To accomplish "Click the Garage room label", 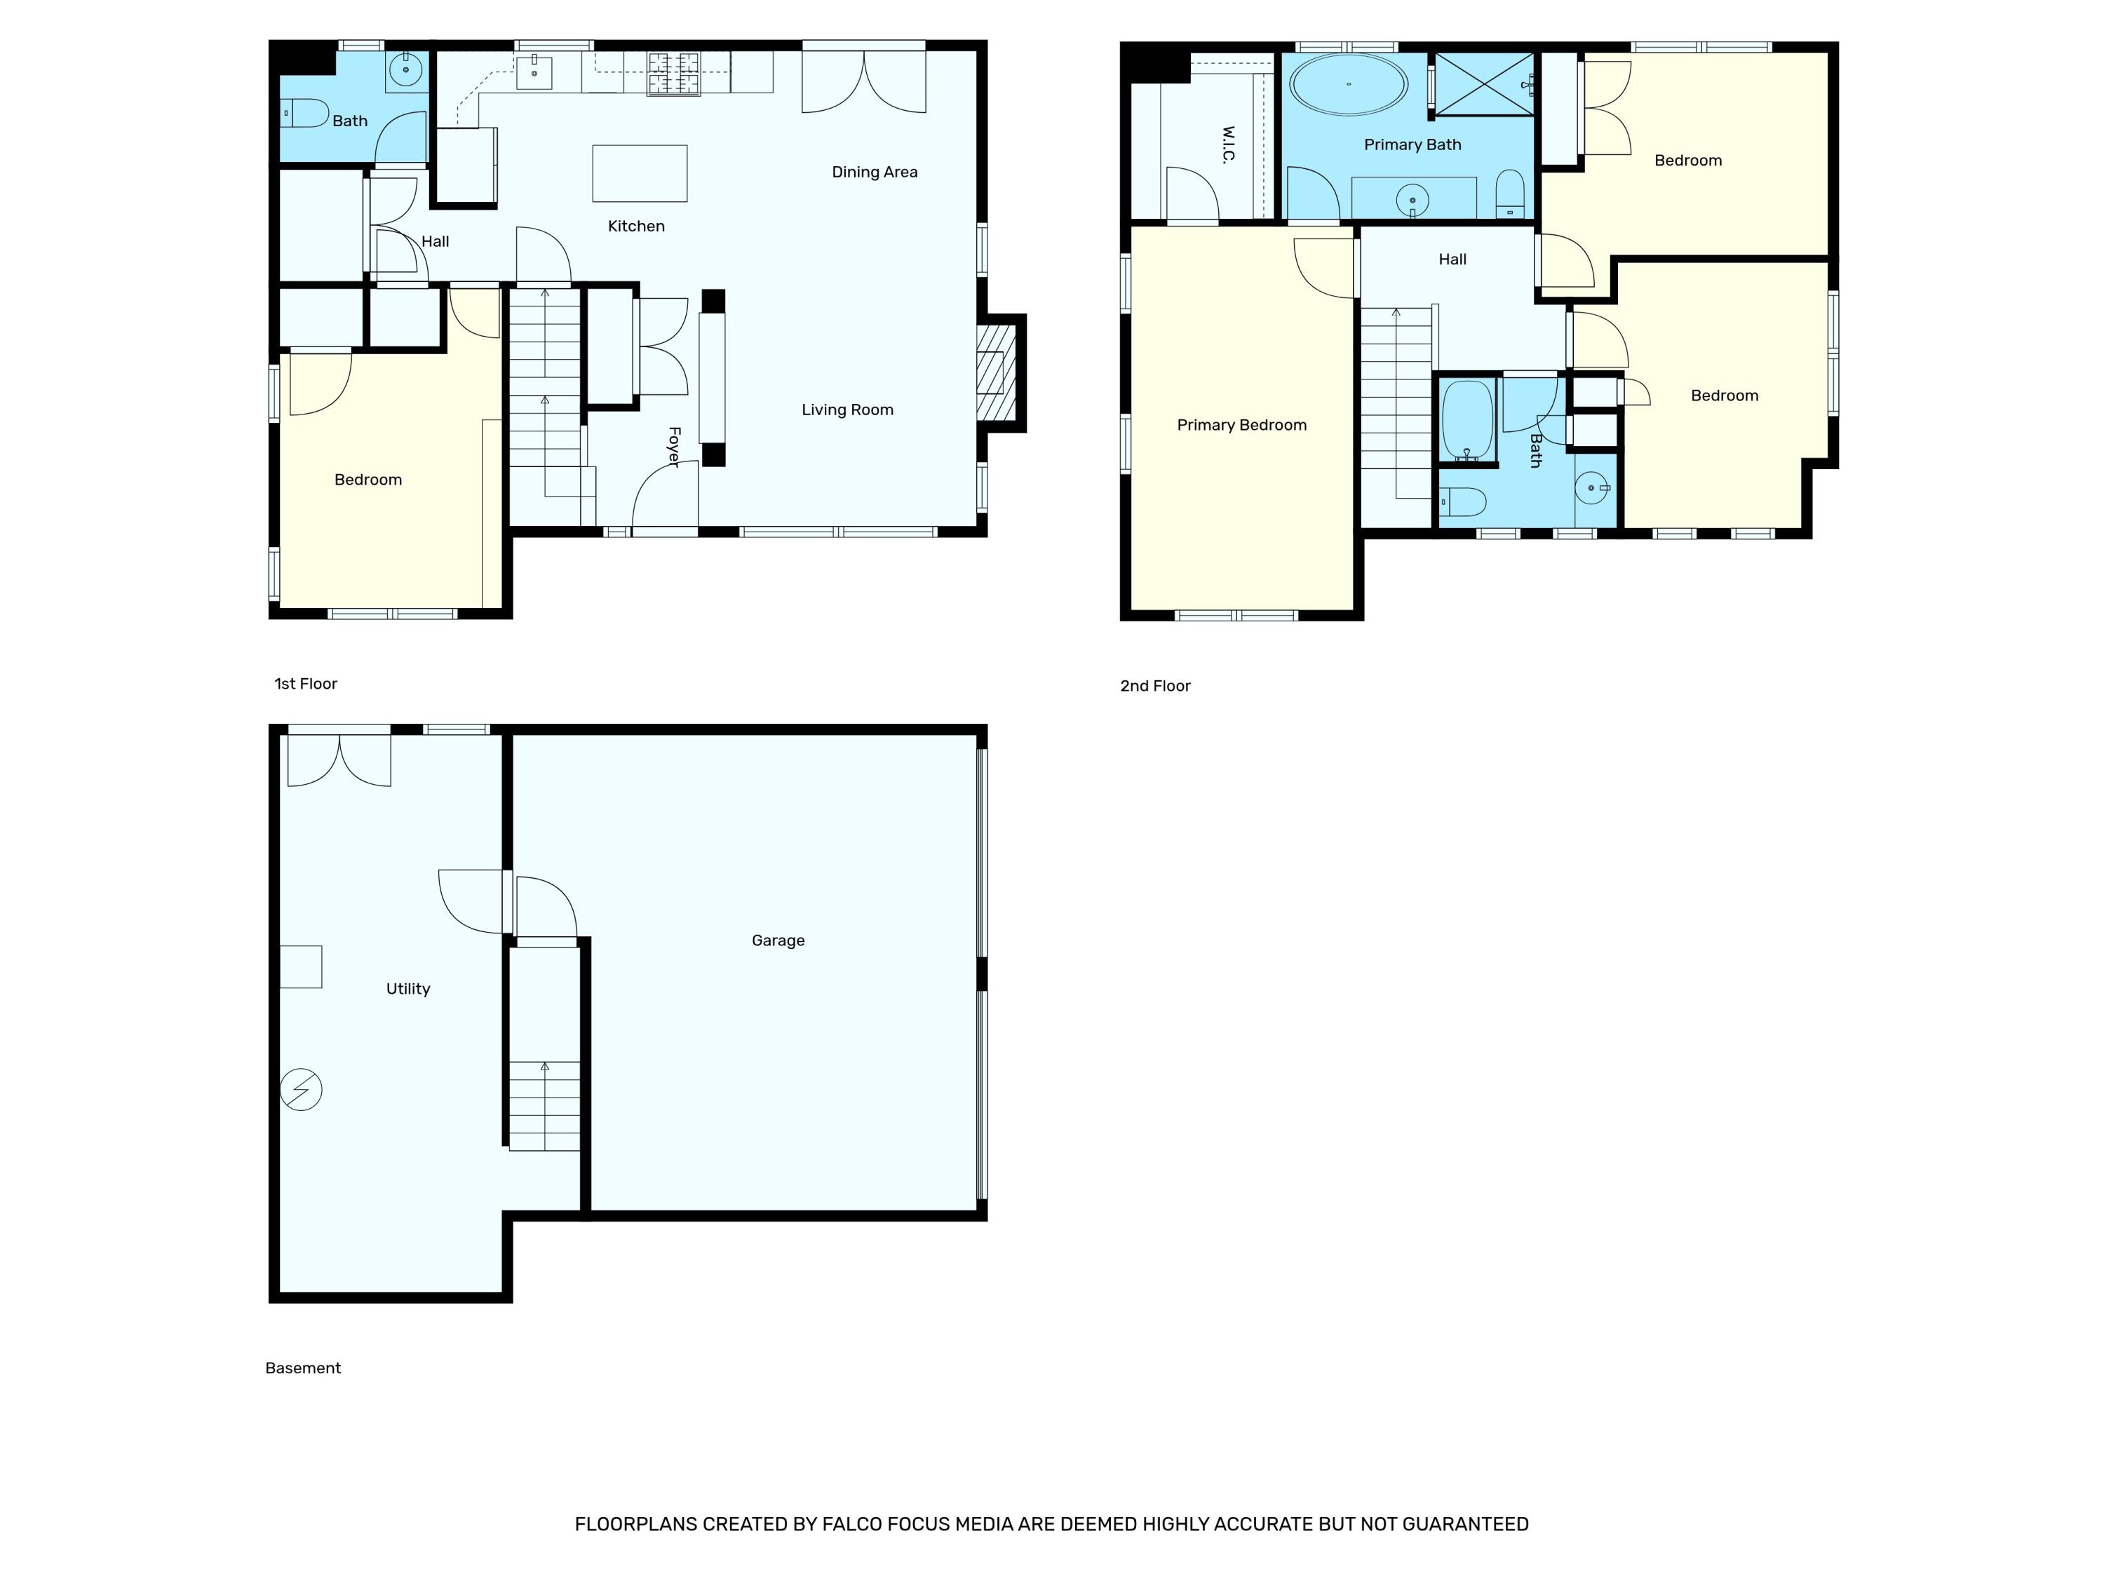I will [x=777, y=940].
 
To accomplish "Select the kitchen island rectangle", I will [x=639, y=173].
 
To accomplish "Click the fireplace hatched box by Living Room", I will [x=995, y=374].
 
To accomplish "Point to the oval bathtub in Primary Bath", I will [x=1348, y=85].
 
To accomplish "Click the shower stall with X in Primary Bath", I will [x=1483, y=85].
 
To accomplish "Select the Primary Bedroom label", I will [x=1241, y=425].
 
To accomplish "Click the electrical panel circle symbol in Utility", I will [x=302, y=1089].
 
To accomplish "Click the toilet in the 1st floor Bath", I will [x=304, y=113].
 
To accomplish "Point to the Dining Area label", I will [x=874, y=172].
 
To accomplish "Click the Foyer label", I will [x=673, y=447].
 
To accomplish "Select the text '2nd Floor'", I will [x=1154, y=686].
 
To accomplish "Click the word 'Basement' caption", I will [x=302, y=1368].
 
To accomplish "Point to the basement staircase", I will [x=544, y=1105].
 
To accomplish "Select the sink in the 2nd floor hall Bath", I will [x=1592, y=489].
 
